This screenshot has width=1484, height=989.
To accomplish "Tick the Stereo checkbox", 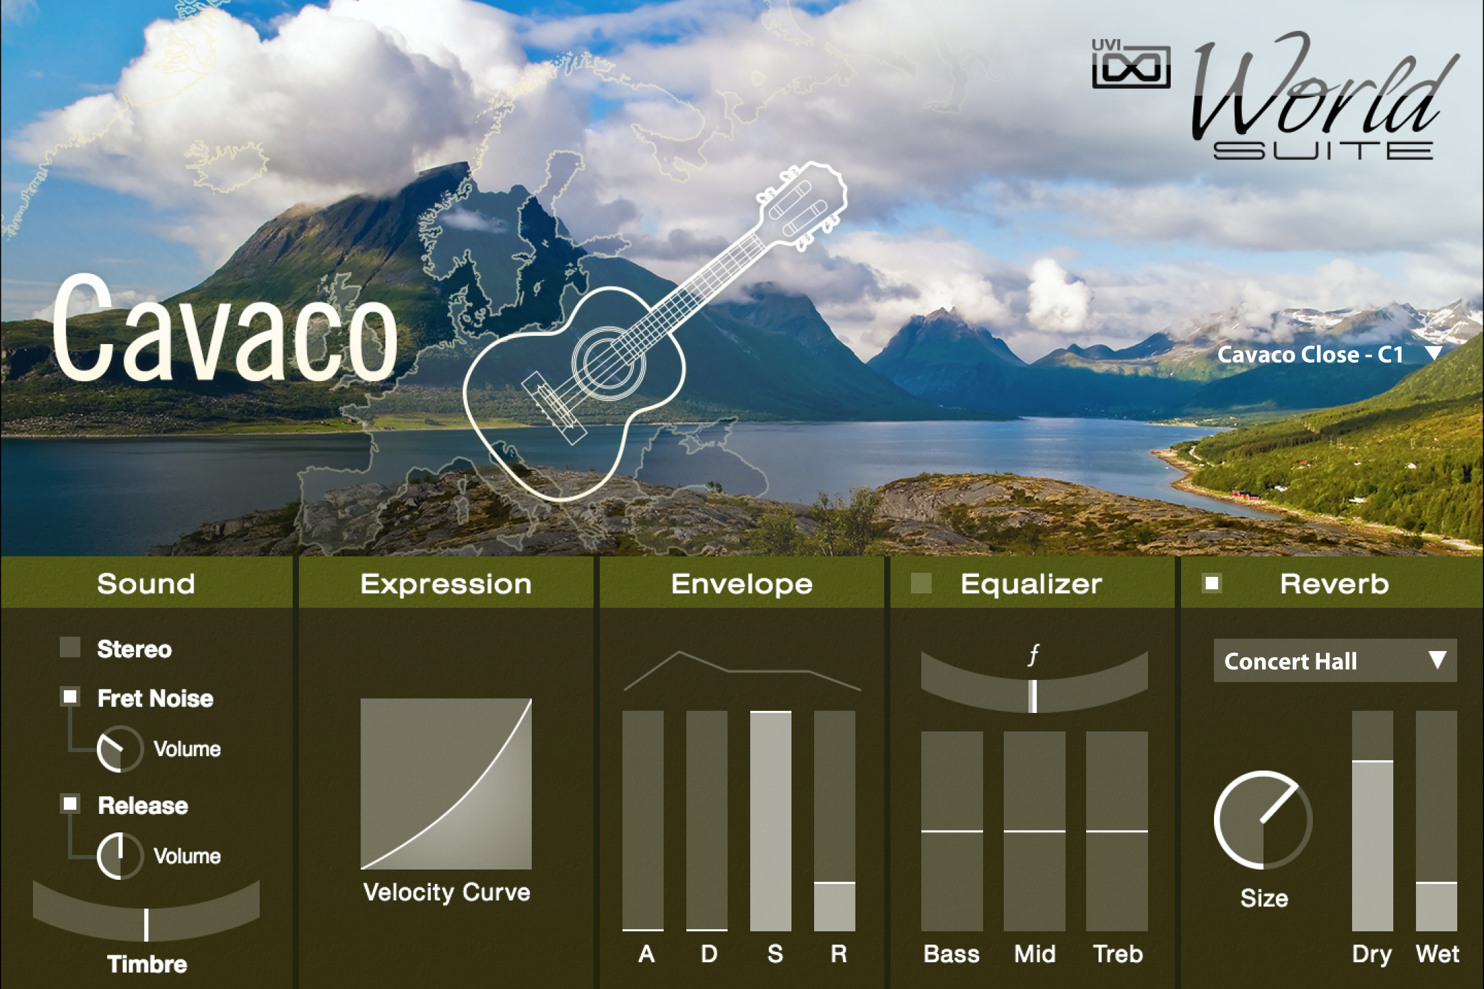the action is tap(70, 647).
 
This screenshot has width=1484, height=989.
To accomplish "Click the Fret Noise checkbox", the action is tap(70, 697).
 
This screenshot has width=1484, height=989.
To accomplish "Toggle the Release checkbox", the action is tap(70, 804).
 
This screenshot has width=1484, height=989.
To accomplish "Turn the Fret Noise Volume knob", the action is tap(120, 749).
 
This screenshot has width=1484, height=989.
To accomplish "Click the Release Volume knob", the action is tap(120, 856).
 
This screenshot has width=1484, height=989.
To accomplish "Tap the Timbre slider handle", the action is tap(146, 924).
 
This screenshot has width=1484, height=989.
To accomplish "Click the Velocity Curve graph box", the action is tap(446, 784).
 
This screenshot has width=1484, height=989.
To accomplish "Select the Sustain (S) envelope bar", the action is tap(770, 821).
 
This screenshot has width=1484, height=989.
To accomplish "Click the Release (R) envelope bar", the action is tap(834, 821).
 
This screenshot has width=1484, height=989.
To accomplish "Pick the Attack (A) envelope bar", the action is tap(642, 821).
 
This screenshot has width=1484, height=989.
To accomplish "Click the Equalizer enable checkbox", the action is tap(921, 583).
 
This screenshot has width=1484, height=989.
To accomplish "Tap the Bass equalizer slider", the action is tap(952, 831).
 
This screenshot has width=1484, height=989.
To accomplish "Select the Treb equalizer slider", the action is tap(1116, 831).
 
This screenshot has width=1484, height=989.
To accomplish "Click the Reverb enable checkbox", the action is tap(1212, 583).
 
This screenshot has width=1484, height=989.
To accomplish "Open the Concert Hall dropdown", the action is tap(1335, 661).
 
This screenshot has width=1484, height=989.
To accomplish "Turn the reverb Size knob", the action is tap(1263, 820).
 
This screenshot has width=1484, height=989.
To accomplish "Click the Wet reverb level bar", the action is tap(1436, 821).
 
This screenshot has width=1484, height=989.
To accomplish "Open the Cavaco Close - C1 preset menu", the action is tap(1329, 354).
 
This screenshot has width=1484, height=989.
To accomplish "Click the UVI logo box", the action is tap(1131, 64).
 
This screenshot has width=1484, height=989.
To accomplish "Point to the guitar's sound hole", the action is tap(609, 360).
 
